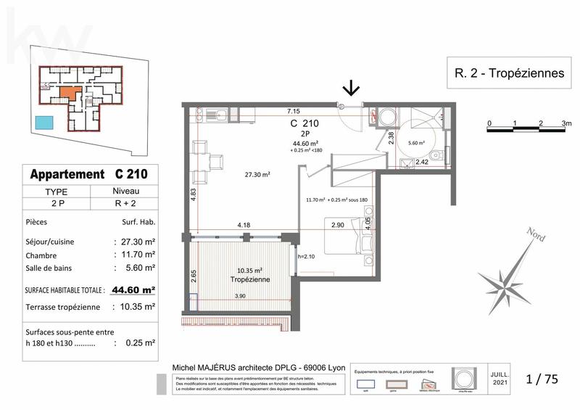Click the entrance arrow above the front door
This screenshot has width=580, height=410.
[x=351, y=88]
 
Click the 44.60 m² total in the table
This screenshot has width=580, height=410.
[x=134, y=290]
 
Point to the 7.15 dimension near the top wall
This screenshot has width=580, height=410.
[x=293, y=112]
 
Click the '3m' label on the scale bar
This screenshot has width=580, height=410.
[x=565, y=124]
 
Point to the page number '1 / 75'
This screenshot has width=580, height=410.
[x=544, y=378]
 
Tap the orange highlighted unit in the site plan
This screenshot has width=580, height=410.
[x=67, y=93]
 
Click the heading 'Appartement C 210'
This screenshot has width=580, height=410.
[x=88, y=174]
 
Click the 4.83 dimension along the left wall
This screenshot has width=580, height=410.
[x=194, y=198]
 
